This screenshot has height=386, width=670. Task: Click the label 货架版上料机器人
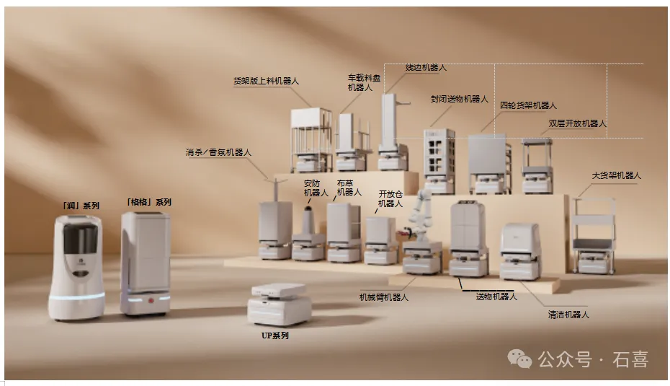[x=266, y=81]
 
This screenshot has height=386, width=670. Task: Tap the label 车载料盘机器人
[x=364, y=82]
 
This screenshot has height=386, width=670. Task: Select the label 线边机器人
[x=426, y=68]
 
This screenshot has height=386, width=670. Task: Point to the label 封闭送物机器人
[x=460, y=99]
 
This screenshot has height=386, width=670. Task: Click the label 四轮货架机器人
[x=528, y=105]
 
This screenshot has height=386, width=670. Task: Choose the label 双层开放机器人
[x=577, y=123]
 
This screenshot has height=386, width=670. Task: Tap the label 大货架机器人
[x=616, y=175]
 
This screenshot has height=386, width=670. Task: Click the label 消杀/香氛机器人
[x=218, y=152]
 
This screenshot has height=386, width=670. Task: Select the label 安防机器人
[x=316, y=188]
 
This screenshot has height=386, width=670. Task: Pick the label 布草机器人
[x=349, y=188]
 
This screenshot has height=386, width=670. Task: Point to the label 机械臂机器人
[x=384, y=297]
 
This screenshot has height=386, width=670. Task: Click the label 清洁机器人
[x=568, y=315]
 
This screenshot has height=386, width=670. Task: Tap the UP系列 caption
[x=274, y=335]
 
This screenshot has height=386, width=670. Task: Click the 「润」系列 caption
[x=81, y=206]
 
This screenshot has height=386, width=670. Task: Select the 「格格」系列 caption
[x=148, y=202]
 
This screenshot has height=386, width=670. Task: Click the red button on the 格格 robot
[x=151, y=300]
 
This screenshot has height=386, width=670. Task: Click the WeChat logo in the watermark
[x=519, y=359]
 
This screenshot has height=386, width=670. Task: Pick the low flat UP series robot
[x=280, y=304]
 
